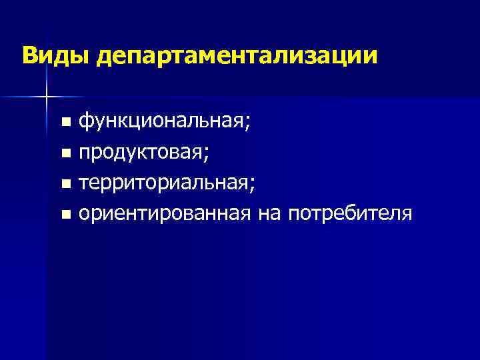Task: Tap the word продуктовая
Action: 141,153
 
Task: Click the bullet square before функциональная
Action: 65,123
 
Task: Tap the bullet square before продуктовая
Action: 65,154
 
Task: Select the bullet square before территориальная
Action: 65,185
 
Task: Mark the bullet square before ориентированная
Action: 65,215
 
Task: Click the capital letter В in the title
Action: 28,55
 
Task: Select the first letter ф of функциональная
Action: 85,123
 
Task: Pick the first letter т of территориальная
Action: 83,184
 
